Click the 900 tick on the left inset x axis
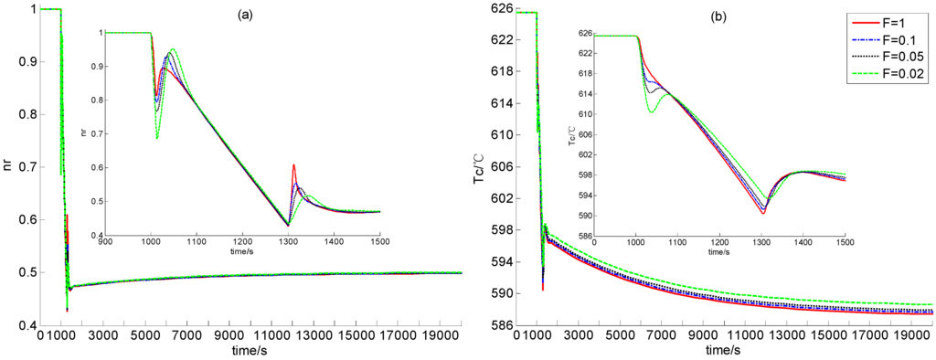click(x=105, y=242)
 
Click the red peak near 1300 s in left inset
click(x=293, y=165)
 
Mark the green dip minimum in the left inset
click(x=157, y=138)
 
